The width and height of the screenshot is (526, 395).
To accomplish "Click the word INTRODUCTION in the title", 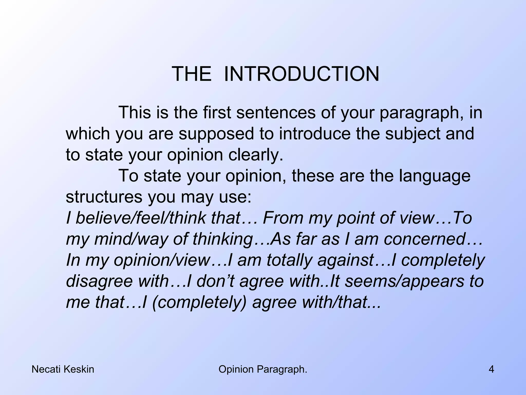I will [302, 74].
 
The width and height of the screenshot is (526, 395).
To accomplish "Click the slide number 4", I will [491, 370].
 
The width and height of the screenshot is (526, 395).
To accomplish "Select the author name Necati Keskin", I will [63, 370].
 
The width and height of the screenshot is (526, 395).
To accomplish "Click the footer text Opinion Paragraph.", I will [263, 370].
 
